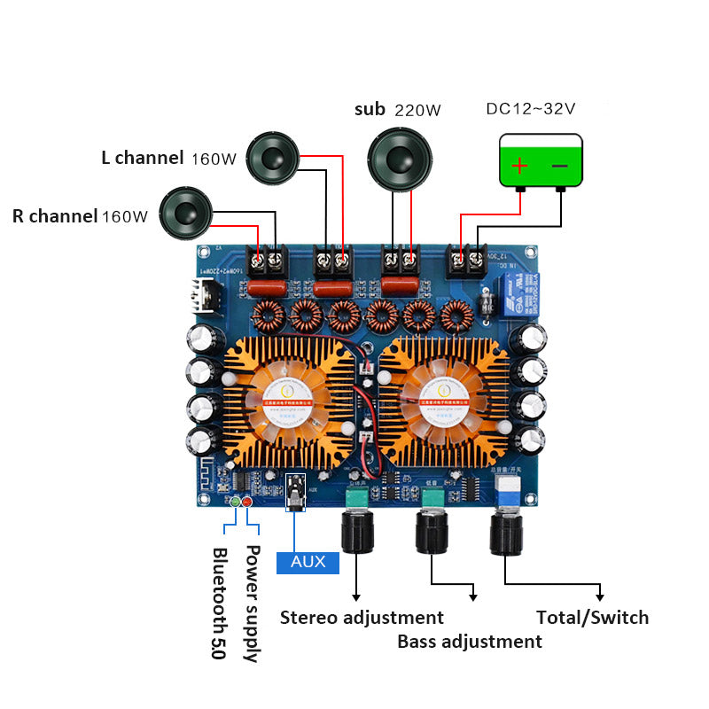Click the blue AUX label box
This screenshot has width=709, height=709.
[x=308, y=562]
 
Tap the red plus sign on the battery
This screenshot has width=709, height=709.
[x=519, y=165]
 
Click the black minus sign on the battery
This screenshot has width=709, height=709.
[x=560, y=165]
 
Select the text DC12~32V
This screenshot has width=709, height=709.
[x=531, y=109]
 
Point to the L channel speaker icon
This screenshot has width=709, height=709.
[x=271, y=158]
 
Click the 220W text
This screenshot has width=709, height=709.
[x=417, y=111]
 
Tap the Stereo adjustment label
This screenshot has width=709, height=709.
[x=362, y=618]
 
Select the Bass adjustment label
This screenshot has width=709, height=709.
[x=469, y=641]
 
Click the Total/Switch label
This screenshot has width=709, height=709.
[x=592, y=618]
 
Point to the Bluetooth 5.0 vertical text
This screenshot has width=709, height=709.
[x=219, y=603]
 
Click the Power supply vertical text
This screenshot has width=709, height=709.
[x=252, y=603]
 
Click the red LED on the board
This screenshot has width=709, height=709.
[x=247, y=503]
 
